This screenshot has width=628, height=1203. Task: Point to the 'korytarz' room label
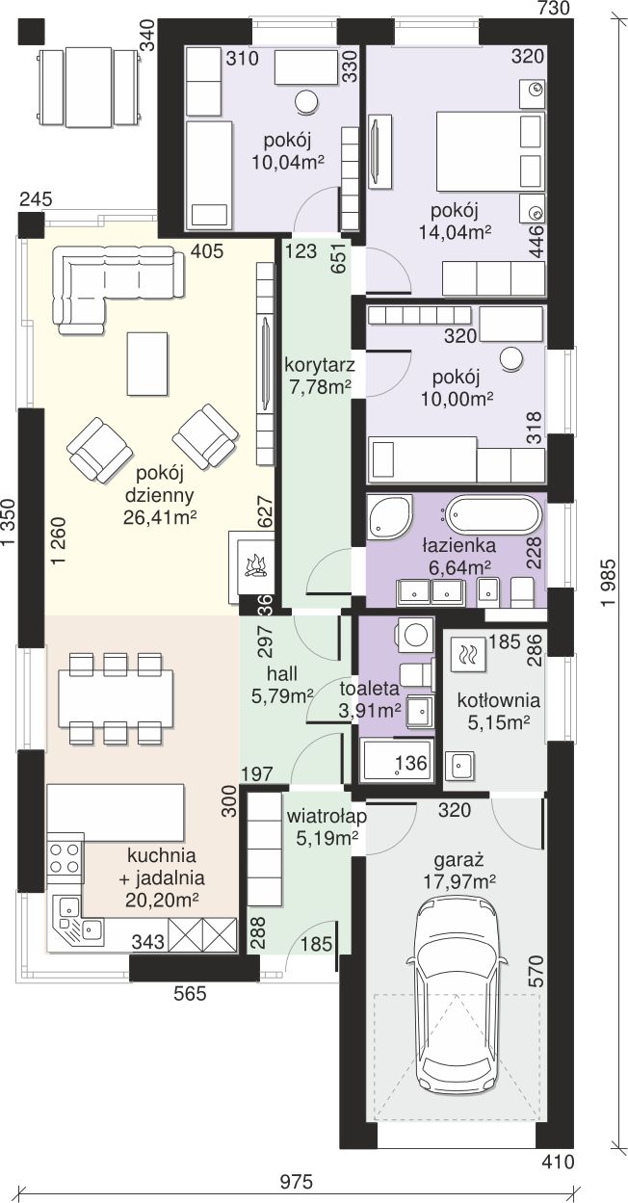point(319,366)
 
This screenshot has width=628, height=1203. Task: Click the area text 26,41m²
point(160,517)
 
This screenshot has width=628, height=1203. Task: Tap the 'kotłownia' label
point(499,700)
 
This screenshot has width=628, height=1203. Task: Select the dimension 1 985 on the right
point(608,584)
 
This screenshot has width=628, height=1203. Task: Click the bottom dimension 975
point(296,1182)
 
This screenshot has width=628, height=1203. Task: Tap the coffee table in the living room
point(147,363)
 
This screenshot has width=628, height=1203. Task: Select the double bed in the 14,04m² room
point(490,150)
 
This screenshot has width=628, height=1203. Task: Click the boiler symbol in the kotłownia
point(468,654)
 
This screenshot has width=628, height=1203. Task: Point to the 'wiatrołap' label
point(327,817)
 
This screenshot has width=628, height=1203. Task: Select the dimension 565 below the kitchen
point(190,994)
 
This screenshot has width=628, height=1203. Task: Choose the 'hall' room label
point(282,673)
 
